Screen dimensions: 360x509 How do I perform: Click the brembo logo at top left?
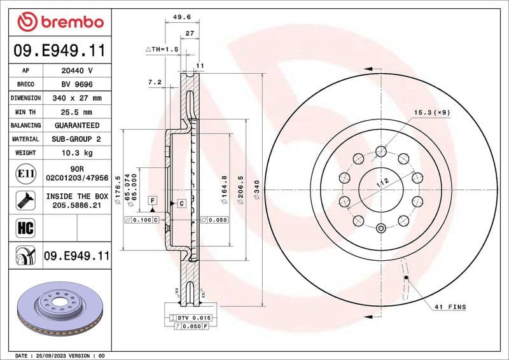[60, 22]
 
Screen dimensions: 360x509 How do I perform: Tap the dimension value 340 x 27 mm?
[76, 99]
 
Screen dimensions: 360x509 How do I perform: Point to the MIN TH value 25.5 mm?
[76, 112]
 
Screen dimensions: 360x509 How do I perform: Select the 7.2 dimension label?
[154, 82]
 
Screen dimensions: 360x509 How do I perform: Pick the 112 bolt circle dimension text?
[382, 183]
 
